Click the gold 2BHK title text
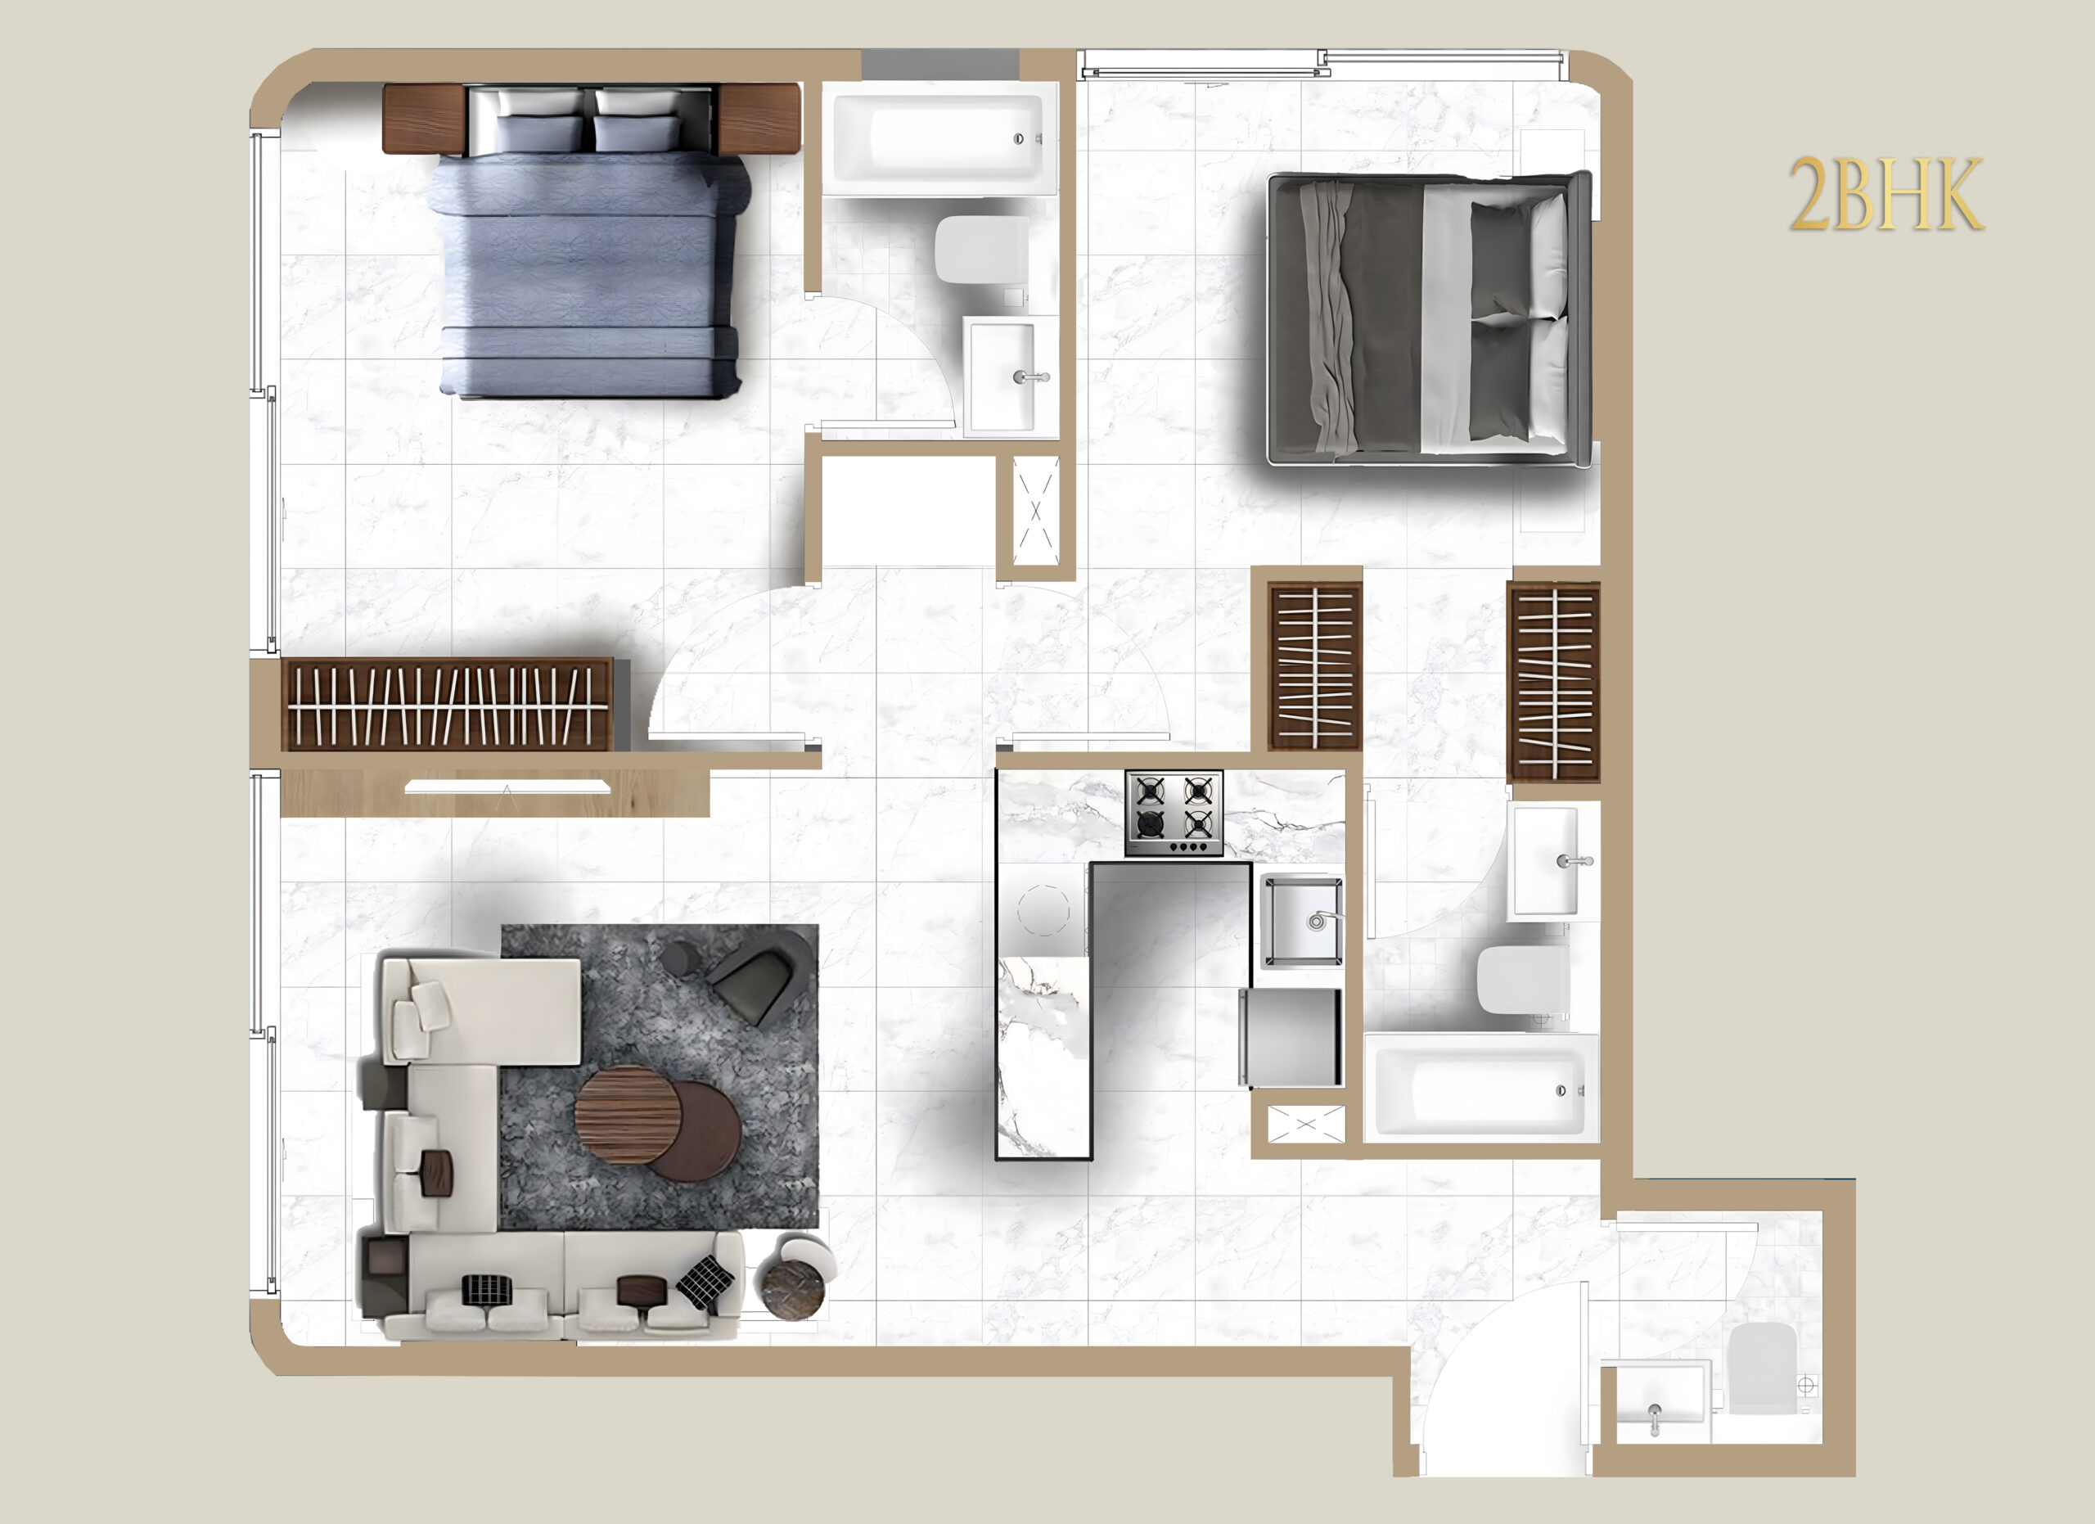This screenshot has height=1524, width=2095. (1886, 194)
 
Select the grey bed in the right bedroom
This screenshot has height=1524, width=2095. (1430, 318)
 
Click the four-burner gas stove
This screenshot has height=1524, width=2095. (1174, 813)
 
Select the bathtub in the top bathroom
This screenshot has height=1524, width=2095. (939, 138)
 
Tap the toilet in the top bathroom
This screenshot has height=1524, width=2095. (982, 251)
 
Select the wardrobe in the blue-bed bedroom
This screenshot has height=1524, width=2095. (447, 704)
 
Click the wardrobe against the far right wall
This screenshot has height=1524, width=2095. (1554, 682)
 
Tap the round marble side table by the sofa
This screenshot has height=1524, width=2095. (791, 1280)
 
